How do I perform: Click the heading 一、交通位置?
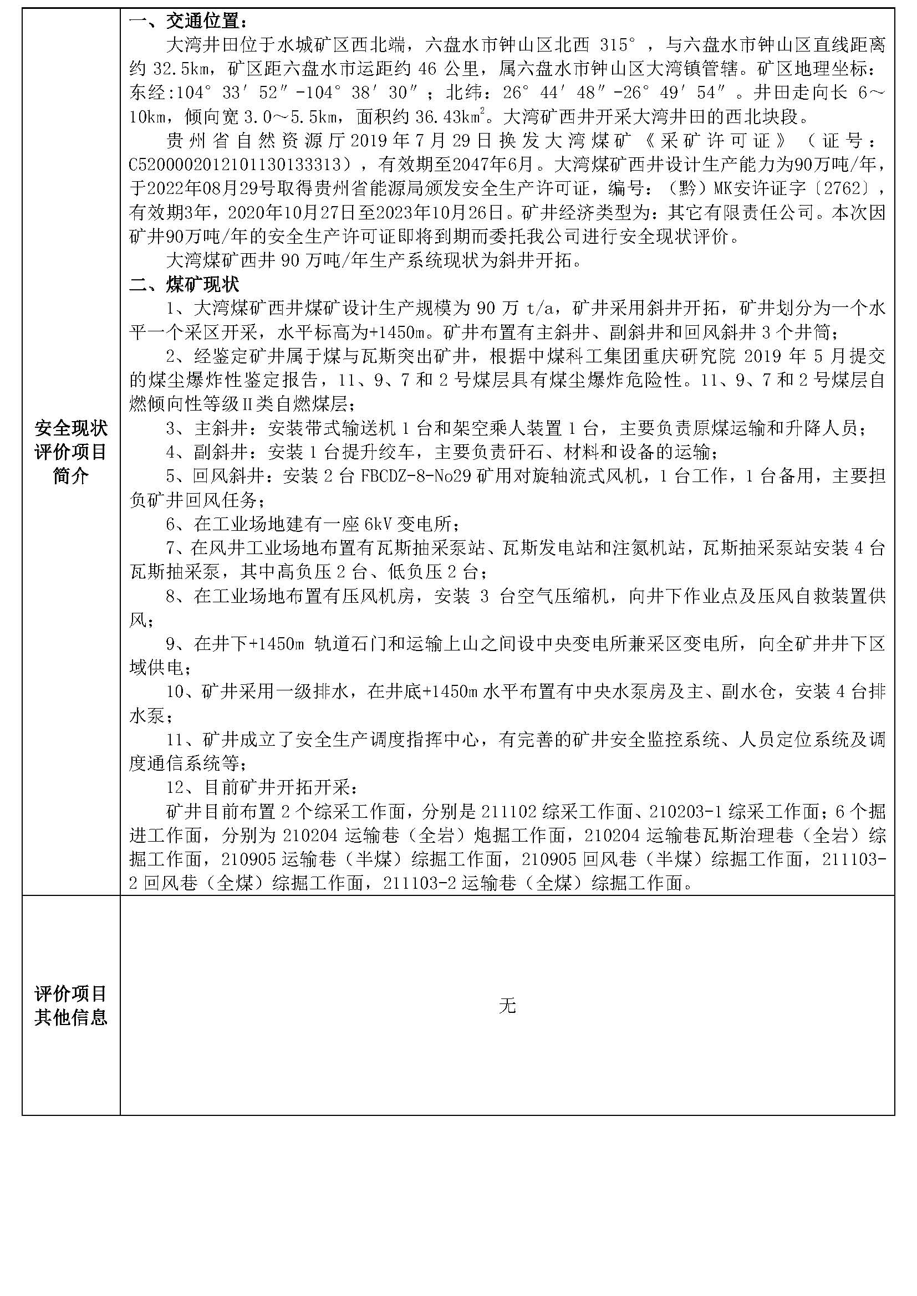187,21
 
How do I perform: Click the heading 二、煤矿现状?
184,284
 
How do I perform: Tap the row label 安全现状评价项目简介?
71,452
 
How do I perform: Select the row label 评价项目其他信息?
71,1005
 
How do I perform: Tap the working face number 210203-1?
685,811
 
